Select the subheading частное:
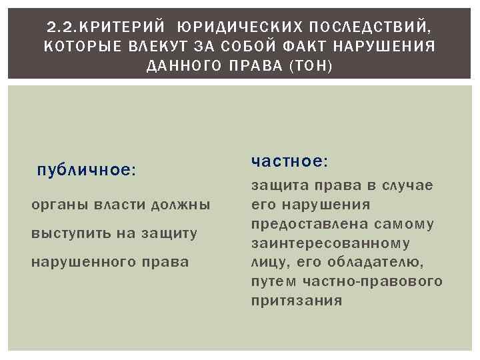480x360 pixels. point(289,162)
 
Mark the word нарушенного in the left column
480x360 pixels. point(84,261)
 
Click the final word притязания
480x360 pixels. point(297,301)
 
